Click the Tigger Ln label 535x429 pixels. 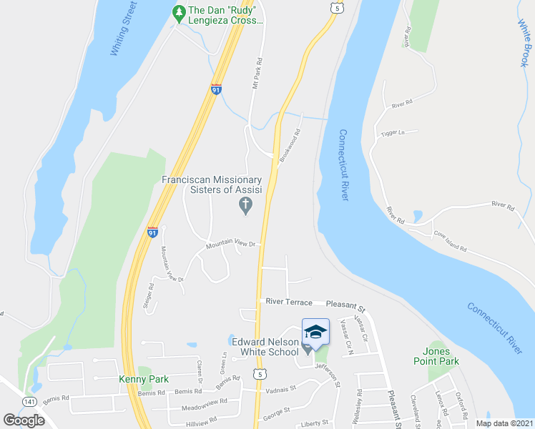tap(393, 133)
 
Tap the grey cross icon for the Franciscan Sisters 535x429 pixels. tap(245, 207)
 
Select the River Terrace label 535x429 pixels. tap(288, 302)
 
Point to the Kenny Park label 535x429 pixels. tap(143, 379)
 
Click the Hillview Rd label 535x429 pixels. tap(202, 423)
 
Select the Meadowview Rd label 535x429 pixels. tap(203, 402)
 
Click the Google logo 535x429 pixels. tap(24, 420)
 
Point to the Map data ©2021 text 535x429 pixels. tap(504, 423)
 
